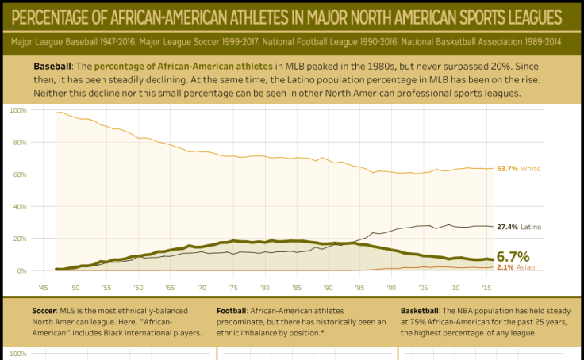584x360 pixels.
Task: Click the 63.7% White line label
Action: click(518, 169)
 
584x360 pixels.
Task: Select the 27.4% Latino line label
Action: click(519, 227)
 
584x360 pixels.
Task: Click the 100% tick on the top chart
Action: click(17, 109)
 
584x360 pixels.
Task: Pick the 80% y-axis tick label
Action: click(19, 142)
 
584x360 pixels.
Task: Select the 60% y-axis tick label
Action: click(19, 174)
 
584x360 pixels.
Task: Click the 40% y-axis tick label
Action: click(19, 206)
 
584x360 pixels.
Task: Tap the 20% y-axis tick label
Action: click(19, 239)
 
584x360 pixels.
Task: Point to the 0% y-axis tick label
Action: click(21, 271)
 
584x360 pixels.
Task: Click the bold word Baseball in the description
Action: click(52, 64)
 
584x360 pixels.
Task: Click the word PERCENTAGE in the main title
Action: click(60, 17)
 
